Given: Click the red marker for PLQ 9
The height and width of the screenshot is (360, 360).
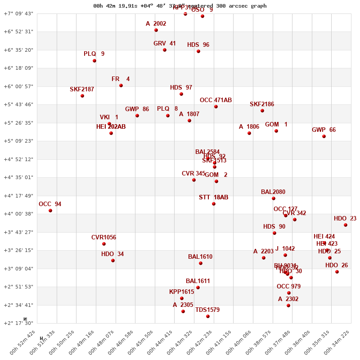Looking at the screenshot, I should point(94,61).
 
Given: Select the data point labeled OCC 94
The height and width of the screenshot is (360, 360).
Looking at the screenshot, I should point(50,211).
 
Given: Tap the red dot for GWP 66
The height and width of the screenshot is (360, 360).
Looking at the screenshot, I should point(324,136).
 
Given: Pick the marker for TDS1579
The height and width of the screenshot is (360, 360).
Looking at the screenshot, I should point(208,316).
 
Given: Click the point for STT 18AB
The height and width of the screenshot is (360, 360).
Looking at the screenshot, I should point(214,204).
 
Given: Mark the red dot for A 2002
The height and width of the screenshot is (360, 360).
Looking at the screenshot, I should point(156,30).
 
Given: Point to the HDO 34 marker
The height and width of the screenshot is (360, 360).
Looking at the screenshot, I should point(113,261).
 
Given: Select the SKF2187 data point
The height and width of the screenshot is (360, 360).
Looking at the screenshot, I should point(82,96).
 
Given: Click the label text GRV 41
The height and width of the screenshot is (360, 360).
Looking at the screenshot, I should point(165,44).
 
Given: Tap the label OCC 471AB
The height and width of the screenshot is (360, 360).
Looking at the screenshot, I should point(216,100).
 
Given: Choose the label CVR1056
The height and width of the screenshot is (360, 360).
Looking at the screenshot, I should point(103,238).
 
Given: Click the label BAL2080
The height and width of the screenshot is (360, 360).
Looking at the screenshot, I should point(273,192).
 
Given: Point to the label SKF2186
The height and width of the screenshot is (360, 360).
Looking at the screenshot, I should point(262,104).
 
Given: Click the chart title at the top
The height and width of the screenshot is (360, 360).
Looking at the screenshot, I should point(180,6).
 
